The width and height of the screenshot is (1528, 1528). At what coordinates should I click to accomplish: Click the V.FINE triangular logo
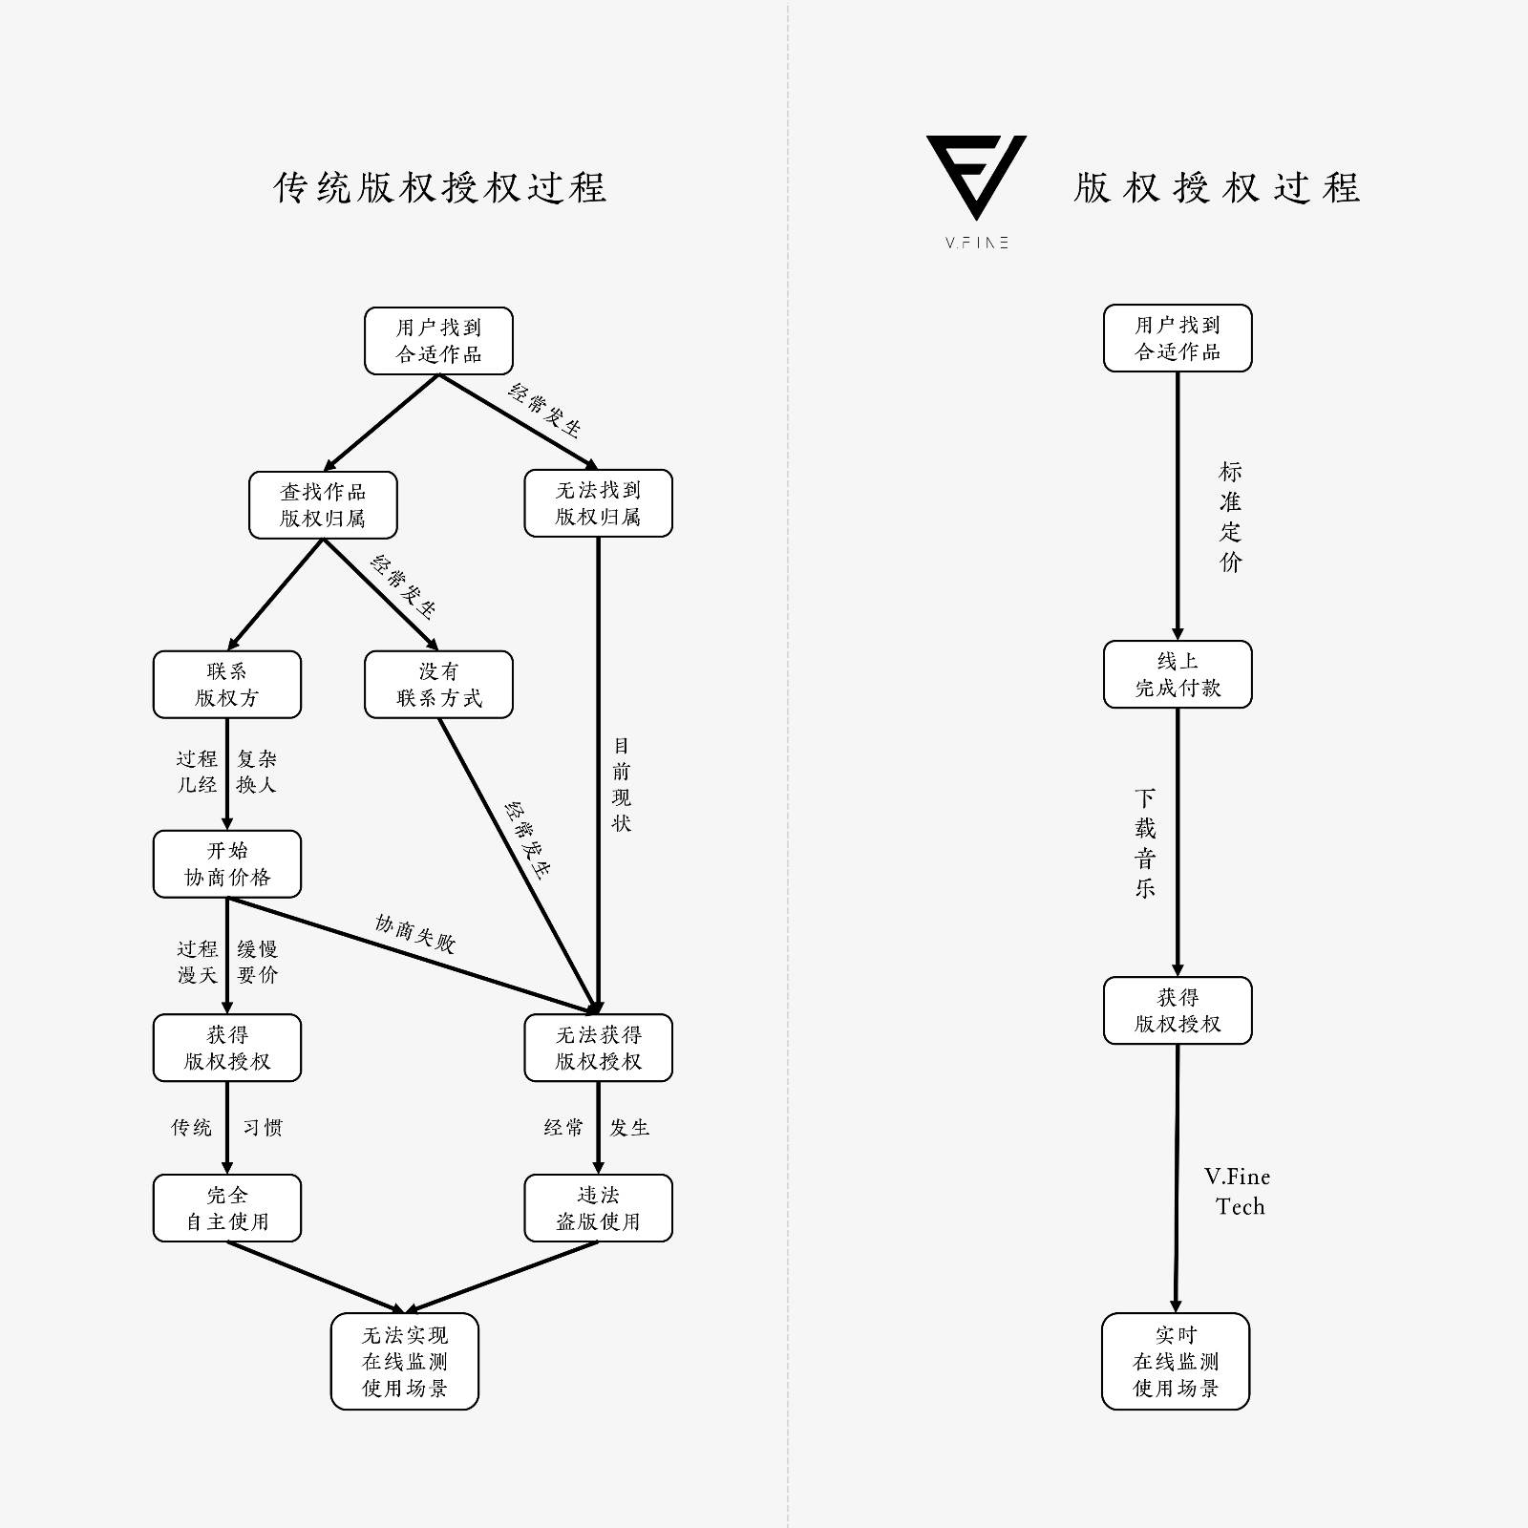pos(976,176)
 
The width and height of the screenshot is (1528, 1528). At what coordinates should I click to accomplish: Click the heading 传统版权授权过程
pos(440,187)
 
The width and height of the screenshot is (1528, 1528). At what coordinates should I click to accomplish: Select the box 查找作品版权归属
pos(323,504)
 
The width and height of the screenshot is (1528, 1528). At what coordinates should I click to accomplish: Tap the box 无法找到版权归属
pos(598,503)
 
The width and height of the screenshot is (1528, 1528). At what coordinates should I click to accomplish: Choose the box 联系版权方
pos(227,685)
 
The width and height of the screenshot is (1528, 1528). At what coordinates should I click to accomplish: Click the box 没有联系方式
pos(438,685)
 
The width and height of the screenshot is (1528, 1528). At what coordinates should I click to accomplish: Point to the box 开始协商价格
pos(227,864)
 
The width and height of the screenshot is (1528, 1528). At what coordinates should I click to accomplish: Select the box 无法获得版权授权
pos(598,1048)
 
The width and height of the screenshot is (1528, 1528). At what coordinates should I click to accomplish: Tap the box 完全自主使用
pos(227,1208)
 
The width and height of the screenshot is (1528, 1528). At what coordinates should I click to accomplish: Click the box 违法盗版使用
pos(598,1208)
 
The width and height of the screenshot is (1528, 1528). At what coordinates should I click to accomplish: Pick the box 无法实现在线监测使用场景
pos(405,1361)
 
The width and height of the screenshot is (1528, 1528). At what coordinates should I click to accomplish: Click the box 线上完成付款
pos(1178,674)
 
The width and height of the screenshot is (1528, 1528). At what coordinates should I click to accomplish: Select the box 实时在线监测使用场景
pos(1176,1361)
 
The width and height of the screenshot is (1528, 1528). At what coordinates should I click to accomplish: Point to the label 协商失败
pos(415,934)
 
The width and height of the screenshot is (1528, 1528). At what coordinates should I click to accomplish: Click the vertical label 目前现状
pos(622,784)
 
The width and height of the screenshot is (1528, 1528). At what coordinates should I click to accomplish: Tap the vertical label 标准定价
pos(1231,517)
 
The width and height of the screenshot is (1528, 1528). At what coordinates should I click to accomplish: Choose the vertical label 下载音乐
pos(1145,842)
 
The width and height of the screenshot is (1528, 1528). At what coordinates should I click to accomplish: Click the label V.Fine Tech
pos(1238,1191)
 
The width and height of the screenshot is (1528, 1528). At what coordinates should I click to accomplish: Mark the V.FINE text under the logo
pos(977,243)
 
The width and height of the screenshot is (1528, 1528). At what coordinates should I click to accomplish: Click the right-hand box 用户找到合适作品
pos(1178,338)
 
